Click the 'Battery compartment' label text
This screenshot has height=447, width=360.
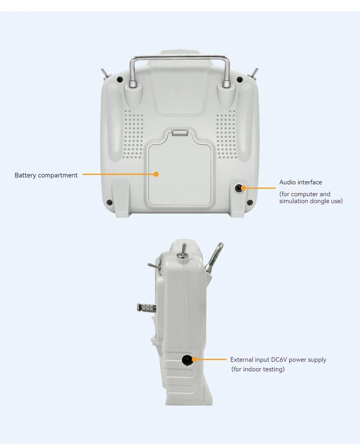coord(46,175)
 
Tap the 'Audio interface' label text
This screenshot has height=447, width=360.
coord(301,182)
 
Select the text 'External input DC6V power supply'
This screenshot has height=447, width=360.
coord(278,360)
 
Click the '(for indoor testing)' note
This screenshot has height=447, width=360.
coord(258,369)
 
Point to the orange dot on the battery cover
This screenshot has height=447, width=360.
coord(156,174)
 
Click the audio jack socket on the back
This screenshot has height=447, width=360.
coord(238,188)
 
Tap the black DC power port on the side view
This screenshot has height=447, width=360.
coord(187,360)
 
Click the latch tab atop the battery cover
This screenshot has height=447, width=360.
coord(180,132)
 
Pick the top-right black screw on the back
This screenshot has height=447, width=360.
coord(239,80)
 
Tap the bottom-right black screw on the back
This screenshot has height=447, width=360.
coord(249,202)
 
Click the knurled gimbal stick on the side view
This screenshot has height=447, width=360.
coord(146,308)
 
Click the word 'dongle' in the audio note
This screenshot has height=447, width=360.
coord(320,201)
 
